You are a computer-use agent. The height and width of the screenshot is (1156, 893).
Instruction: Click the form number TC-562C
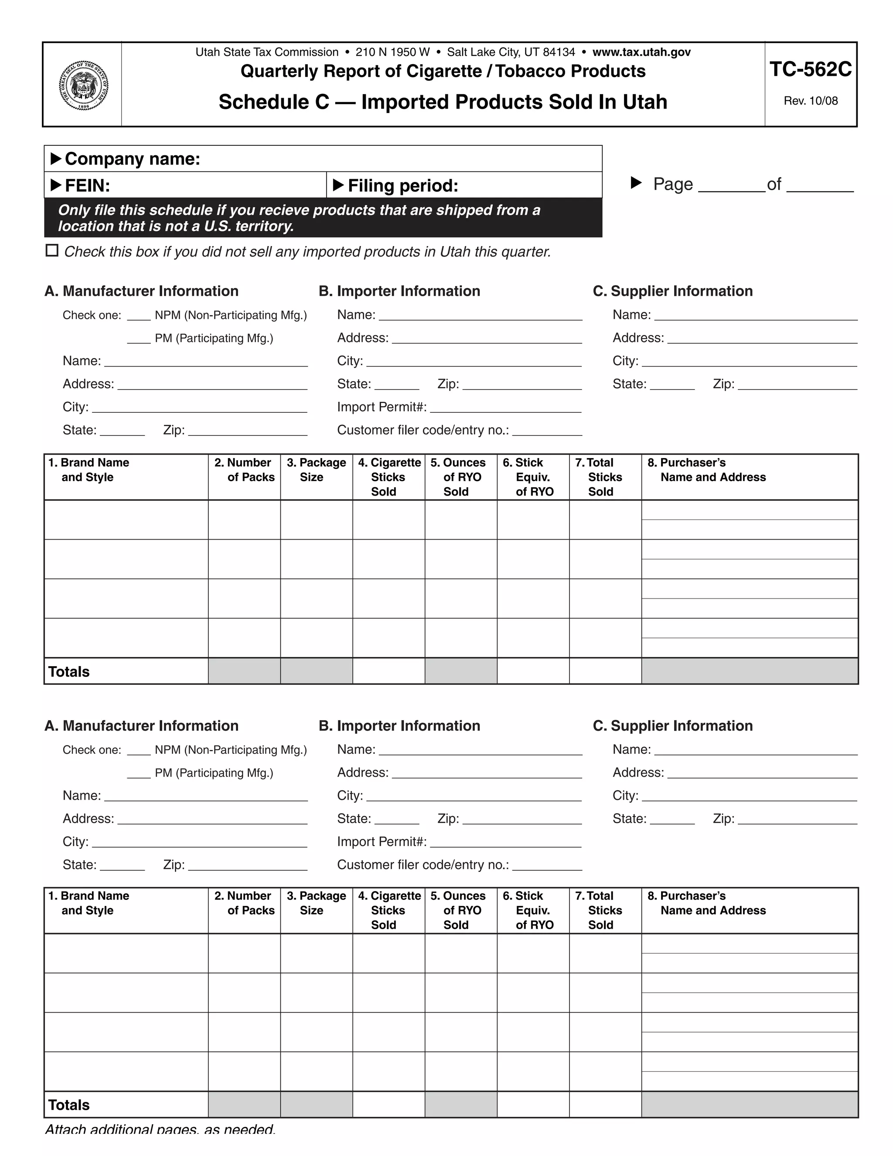click(x=810, y=69)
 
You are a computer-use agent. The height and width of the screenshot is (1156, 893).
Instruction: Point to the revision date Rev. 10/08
click(x=810, y=101)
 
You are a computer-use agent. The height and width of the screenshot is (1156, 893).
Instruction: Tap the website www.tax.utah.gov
click(x=641, y=52)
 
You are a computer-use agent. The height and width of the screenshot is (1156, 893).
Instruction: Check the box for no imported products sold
click(x=52, y=250)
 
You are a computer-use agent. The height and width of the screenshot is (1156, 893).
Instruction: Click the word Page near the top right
click(x=672, y=184)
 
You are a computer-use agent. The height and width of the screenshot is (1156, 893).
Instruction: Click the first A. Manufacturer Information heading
click(x=141, y=291)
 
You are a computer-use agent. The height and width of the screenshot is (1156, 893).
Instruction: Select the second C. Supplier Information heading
click(x=672, y=726)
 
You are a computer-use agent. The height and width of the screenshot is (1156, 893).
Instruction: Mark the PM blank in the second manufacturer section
click(x=139, y=774)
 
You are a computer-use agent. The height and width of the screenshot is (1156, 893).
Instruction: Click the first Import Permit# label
click(x=382, y=407)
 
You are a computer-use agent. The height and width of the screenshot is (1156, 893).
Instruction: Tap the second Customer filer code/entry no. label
click(x=423, y=865)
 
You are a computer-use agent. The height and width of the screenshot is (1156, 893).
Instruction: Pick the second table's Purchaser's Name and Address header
click(x=706, y=903)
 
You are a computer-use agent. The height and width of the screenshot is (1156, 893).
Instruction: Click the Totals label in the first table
click(x=69, y=672)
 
